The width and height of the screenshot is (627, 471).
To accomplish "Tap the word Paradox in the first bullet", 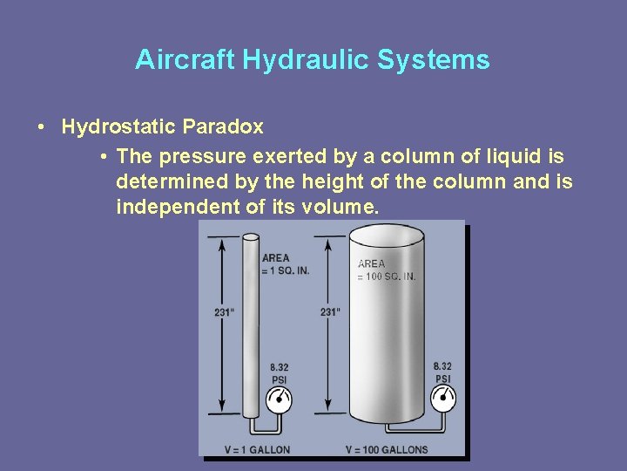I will click(222, 127).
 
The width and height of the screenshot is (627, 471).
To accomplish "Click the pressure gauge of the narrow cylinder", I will click(279, 399).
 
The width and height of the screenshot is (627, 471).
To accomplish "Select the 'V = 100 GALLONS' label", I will click(387, 450).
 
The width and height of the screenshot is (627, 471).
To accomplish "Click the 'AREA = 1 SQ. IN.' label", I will click(285, 264).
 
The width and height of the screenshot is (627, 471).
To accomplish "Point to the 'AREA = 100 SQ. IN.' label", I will click(387, 270).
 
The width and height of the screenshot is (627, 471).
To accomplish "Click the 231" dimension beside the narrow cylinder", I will click(224, 311).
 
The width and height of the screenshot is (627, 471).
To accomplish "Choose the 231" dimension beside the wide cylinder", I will click(330, 311).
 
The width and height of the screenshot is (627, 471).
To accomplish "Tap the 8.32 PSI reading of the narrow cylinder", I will click(280, 373).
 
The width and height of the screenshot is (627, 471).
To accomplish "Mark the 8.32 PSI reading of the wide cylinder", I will click(442, 372).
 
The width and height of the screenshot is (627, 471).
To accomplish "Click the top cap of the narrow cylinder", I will click(251, 236).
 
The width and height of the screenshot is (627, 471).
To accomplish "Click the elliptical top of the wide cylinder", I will click(386, 235).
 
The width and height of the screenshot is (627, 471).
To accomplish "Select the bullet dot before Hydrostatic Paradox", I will click(42, 128).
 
